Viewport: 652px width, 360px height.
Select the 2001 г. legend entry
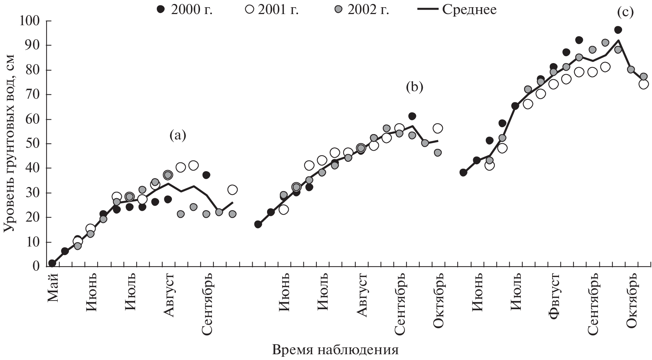272,10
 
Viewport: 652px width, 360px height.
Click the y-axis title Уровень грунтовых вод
10,143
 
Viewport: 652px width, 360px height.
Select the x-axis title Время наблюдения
336,350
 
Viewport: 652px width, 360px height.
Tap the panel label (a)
177,135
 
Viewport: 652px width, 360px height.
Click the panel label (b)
414,87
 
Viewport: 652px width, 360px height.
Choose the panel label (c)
625,12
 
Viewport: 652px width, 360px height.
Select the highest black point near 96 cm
618,30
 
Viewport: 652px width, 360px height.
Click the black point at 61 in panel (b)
412,116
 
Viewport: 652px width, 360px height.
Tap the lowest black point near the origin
52,263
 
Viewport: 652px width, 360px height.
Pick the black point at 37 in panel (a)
206,175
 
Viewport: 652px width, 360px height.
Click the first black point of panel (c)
464,173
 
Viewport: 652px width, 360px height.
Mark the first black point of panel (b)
258,225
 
